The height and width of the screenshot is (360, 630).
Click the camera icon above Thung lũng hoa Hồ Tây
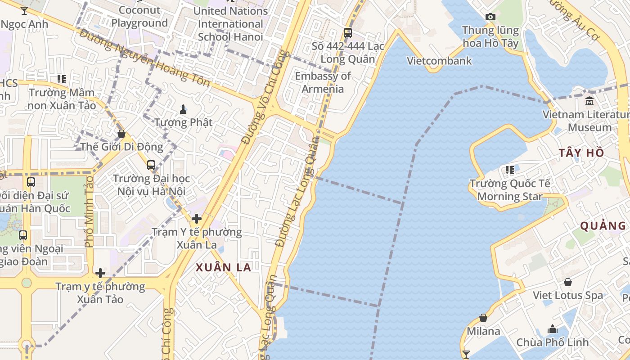click(490, 17)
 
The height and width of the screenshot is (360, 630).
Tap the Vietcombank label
click(439, 61)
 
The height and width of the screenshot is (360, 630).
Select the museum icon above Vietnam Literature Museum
click(589, 101)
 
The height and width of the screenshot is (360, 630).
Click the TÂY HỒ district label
click(581, 153)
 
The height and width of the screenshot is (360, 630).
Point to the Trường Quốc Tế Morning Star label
click(510, 190)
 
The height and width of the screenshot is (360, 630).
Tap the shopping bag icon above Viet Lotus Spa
click(568, 282)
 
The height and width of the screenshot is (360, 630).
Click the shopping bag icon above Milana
click(483, 318)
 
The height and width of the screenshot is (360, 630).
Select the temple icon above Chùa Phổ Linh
click(553, 329)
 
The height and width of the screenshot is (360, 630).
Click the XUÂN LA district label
click(223, 267)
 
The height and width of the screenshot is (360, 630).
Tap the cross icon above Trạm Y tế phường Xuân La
click(197, 219)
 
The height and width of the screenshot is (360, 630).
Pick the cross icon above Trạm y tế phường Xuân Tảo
click(100, 273)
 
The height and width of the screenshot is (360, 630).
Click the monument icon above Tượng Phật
click(183, 109)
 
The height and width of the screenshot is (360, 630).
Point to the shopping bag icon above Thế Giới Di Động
click(121, 134)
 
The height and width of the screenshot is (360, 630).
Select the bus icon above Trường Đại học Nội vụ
click(151, 165)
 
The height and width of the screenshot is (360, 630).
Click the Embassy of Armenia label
click(323, 82)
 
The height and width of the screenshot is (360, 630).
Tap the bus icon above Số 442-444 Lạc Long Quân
click(348, 33)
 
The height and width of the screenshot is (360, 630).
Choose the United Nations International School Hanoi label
click(230, 23)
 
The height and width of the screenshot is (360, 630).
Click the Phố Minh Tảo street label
click(89, 211)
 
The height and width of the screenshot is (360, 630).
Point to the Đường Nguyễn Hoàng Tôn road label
click(144, 57)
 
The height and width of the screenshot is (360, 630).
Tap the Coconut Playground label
click(139, 17)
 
